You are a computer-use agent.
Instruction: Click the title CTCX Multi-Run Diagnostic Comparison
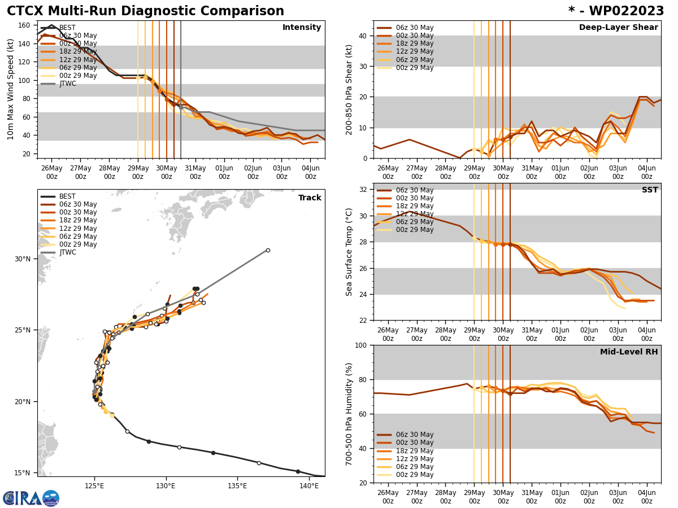point(145,11)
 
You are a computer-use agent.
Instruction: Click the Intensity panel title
point(302,28)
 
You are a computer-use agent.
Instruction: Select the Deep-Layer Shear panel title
point(618,28)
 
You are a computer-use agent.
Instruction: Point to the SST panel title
point(649,190)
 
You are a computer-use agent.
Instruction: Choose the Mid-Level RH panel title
point(629,352)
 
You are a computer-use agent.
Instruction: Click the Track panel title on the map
point(310,198)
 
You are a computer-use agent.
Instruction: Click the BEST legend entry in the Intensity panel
point(67,28)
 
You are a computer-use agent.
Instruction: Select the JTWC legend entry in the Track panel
point(68,252)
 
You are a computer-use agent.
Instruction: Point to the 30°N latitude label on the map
point(23,259)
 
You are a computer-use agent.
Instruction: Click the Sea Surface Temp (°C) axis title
point(350,252)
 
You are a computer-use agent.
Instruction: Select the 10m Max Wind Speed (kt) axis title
point(10,90)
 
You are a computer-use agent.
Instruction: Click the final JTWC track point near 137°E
point(268,250)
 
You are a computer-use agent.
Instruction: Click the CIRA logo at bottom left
point(31,498)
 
